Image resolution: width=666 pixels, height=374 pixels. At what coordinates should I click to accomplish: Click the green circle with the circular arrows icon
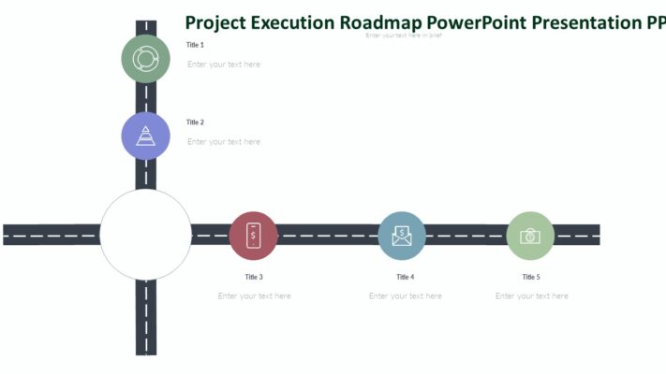click(145, 59)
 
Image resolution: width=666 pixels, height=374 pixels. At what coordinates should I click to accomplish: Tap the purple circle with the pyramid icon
click(145, 136)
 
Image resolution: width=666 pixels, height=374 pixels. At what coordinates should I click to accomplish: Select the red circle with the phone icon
click(253, 235)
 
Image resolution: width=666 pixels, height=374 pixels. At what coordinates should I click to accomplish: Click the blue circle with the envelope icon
click(402, 235)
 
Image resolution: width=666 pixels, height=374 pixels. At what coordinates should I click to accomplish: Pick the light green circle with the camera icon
click(530, 235)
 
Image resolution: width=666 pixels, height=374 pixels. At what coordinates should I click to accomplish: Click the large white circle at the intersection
click(145, 235)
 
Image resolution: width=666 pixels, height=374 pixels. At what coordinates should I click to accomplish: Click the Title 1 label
click(195, 45)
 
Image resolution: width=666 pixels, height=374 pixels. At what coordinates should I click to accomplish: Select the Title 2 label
click(195, 122)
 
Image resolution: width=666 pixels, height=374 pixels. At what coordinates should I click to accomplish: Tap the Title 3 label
click(254, 277)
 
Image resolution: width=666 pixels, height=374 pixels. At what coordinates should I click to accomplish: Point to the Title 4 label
click(405, 277)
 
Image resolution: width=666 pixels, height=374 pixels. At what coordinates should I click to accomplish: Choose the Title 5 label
click(531, 277)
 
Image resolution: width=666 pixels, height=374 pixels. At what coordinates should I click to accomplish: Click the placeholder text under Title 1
click(224, 65)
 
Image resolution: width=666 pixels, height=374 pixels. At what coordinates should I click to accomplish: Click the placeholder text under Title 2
click(224, 142)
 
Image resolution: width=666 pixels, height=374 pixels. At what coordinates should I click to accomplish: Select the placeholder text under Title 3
click(255, 296)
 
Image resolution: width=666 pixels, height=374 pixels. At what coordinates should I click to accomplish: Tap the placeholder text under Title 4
click(406, 296)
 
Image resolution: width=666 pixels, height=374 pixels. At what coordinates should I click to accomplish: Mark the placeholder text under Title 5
click(532, 296)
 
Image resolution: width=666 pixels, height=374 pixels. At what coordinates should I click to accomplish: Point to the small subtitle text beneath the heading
click(404, 36)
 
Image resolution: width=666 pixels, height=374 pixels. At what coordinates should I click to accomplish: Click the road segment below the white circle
click(145, 318)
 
